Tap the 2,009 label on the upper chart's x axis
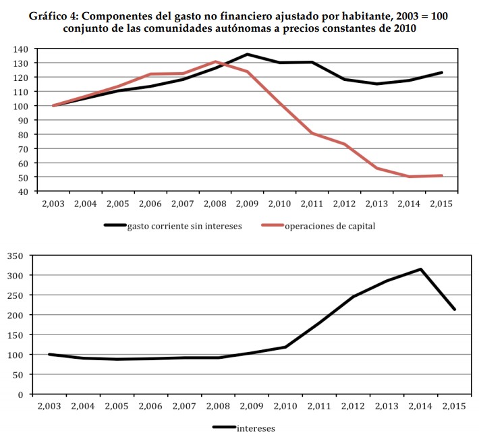point(247,203)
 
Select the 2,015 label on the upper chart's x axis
point(441,203)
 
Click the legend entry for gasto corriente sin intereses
point(184,226)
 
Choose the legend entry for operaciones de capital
point(330,226)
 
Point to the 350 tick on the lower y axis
point(16,256)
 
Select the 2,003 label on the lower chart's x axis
point(49,407)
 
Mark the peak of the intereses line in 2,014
point(420,269)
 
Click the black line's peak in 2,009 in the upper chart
point(247,54)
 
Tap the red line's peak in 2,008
point(215,62)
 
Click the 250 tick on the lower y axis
point(16,295)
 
